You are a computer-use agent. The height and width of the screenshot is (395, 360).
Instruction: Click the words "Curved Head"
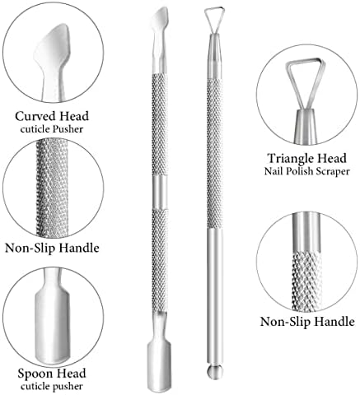[52, 116]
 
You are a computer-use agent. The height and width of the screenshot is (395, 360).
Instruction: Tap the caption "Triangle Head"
[307, 158]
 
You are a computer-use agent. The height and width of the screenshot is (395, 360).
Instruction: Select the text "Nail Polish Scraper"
[307, 171]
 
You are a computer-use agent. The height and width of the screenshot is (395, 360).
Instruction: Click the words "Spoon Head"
[52, 374]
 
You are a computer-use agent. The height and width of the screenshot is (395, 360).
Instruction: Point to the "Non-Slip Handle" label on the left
[52, 248]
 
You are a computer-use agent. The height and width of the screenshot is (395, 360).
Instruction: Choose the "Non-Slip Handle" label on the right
[307, 321]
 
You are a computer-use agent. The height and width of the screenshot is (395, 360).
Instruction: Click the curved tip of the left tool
[160, 19]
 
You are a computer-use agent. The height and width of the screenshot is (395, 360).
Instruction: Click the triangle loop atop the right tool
[214, 20]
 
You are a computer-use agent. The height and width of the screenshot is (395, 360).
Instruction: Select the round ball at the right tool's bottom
[215, 372]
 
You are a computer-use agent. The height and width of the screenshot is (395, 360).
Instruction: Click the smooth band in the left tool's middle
[160, 192]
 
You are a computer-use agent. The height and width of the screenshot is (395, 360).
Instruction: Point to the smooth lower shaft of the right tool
[215, 296]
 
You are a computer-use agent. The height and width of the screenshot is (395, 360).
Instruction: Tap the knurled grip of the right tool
[215, 154]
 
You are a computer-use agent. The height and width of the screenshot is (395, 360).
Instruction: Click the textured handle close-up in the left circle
[52, 188]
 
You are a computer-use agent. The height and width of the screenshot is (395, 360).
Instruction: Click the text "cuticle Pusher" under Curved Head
[52, 129]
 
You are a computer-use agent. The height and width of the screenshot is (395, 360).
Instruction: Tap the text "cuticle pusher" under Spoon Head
[52, 386]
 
